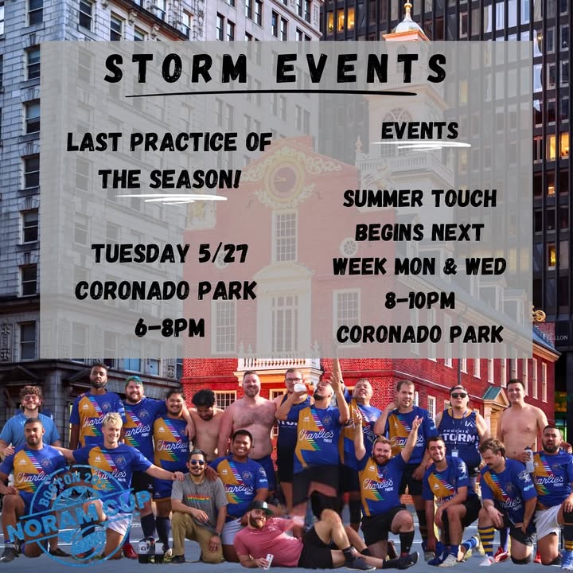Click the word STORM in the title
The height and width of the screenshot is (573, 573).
176,68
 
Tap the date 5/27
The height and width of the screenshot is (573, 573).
224,253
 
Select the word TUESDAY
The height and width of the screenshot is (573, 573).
140,253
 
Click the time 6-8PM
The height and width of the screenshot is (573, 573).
170,327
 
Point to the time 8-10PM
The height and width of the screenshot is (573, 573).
420,300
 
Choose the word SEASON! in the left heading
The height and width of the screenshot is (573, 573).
195,179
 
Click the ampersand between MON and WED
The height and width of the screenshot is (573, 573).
450,267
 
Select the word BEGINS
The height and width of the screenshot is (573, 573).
389,232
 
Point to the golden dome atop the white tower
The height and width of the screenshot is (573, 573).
407,22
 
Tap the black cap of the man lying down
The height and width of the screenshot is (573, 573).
259,506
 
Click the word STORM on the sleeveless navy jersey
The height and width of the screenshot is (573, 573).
460,437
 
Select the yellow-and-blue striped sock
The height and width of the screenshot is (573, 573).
486,538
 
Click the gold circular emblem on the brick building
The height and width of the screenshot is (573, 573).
284,179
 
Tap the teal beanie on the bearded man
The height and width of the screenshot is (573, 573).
134,381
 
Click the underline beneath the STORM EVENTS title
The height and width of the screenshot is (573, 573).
271,94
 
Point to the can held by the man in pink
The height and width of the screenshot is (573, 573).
269,561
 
